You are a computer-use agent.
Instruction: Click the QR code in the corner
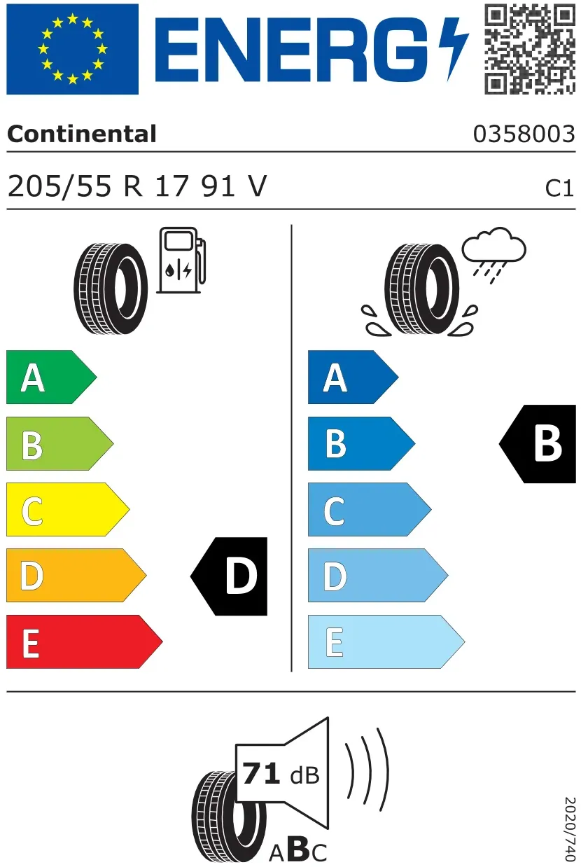[530, 49]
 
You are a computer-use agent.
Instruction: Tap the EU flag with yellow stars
[72, 49]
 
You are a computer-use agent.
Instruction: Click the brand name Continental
[82, 134]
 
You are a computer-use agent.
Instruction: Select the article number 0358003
[524, 134]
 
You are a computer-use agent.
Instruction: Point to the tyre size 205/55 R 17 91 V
[137, 186]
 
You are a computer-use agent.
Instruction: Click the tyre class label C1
[559, 189]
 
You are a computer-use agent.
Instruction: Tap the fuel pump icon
[181, 260]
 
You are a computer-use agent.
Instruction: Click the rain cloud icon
[494, 254]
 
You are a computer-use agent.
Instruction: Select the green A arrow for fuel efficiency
[51, 377]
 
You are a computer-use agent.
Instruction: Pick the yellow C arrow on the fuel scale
[68, 509]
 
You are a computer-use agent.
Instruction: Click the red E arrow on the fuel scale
[84, 641]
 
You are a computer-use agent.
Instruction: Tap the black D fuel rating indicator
[229, 576]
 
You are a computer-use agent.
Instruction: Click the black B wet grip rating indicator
[538, 444]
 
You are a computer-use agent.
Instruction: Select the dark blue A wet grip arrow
[353, 377]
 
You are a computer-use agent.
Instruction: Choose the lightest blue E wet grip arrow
[386, 641]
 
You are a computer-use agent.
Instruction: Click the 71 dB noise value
[281, 774]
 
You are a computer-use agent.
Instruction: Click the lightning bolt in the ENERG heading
[453, 49]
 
